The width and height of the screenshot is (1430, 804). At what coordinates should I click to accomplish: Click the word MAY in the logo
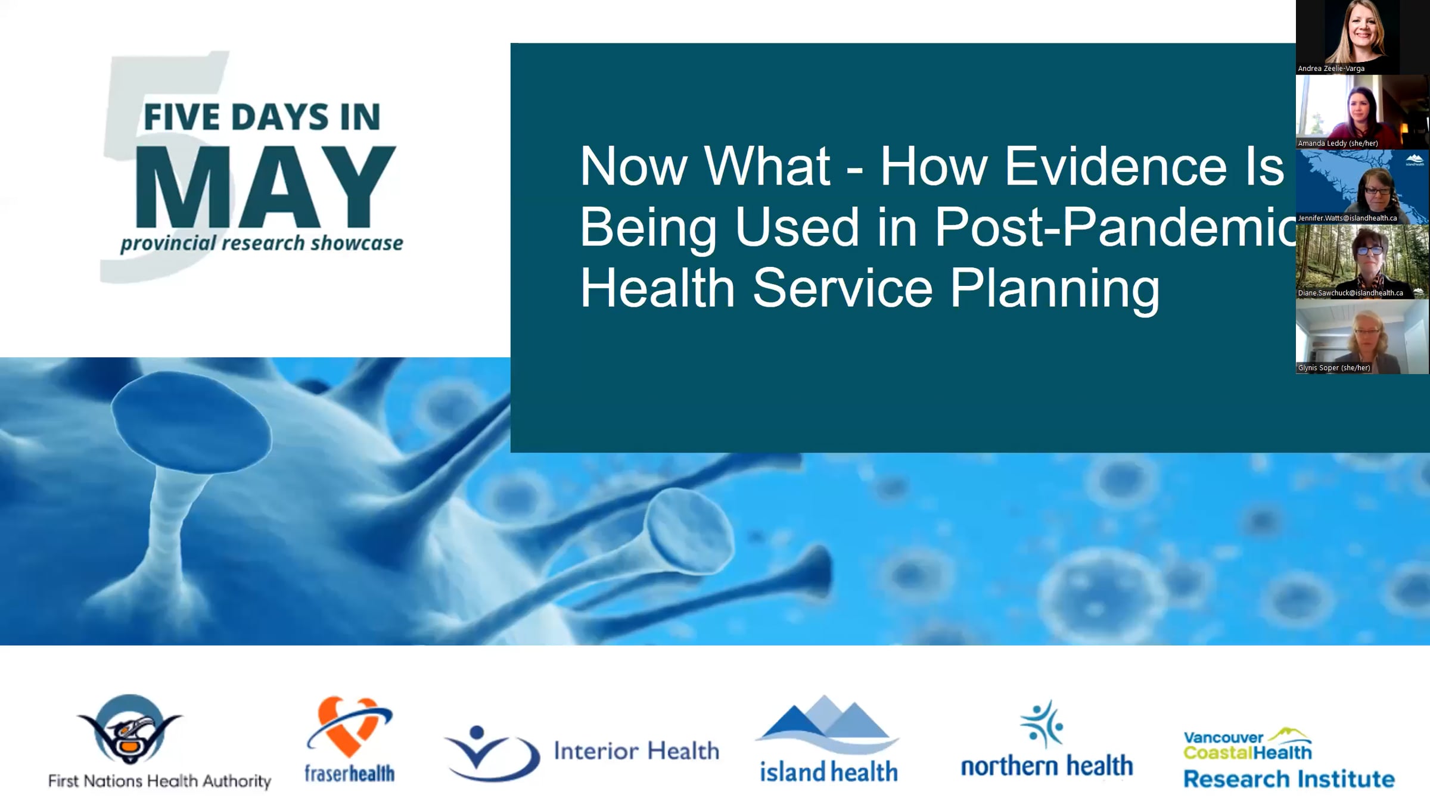(x=266, y=186)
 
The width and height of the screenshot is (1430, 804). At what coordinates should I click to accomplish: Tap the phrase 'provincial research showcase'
(x=262, y=243)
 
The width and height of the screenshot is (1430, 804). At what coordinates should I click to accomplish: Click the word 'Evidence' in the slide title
(x=1115, y=166)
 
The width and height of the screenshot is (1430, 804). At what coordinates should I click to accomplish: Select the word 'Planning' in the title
(x=1055, y=289)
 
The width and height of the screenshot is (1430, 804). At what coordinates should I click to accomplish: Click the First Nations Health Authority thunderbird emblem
(x=129, y=729)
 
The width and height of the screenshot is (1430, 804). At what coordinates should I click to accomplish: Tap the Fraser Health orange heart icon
(x=350, y=726)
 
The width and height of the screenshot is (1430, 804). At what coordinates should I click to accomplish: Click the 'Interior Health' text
(x=636, y=751)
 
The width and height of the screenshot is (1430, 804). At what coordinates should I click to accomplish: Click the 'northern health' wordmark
(x=1047, y=766)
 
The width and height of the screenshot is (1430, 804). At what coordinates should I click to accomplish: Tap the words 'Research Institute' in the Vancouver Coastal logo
(x=1289, y=779)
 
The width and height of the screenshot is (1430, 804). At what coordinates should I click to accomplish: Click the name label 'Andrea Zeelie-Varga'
(x=1331, y=68)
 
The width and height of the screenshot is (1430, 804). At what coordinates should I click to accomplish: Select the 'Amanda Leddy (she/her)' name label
(x=1338, y=144)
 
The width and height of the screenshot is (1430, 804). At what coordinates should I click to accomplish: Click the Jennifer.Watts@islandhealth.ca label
(x=1347, y=218)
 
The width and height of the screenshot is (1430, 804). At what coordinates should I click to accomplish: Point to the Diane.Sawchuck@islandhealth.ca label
(x=1350, y=293)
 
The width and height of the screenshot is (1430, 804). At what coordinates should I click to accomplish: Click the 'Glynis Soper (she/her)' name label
(x=1334, y=368)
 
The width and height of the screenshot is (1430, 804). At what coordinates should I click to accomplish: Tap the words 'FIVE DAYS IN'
(x=262, y=117)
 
